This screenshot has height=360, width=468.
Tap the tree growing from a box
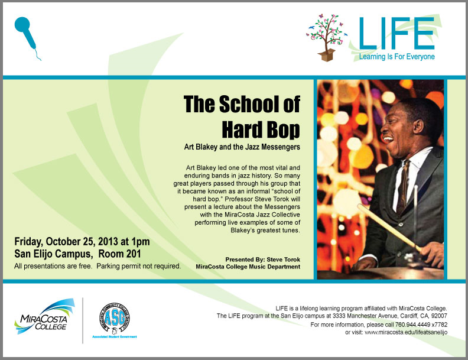tap(327, 37)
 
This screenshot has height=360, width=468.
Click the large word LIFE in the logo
tap(396, 33)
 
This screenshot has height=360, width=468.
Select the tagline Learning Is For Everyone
tap(396, 56)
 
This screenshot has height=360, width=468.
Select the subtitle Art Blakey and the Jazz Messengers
tap(242, 147)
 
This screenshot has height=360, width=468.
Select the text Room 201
tap(119, 254)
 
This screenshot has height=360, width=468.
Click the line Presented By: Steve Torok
tap(262, 260)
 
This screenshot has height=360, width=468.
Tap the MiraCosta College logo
tap(44, 316)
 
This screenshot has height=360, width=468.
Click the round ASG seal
tap(115, 317)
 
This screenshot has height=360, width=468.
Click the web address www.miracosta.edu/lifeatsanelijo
tap(406, 332)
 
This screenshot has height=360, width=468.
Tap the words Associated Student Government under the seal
tap(115, 337)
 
